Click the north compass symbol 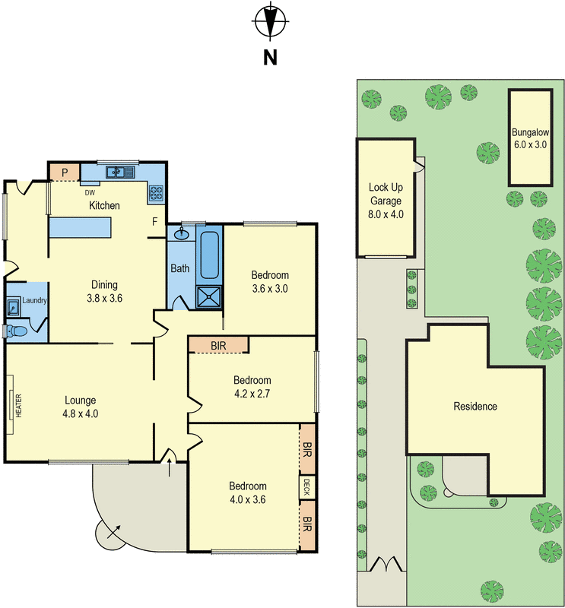[270, 21]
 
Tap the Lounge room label [80, 407]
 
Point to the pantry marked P [65, 173]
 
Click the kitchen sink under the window [118, 173]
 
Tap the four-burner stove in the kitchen [157, 193]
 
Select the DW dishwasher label [90, 192]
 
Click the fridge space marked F [154, 222]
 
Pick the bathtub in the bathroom [209, 255]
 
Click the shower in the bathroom [209, 296]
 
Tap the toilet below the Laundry [16, 331]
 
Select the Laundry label [34, 301]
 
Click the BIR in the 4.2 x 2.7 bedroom [218, 346]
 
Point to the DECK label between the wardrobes [306, 487]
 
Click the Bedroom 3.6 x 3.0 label [271, 281]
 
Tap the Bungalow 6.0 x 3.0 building [530, 138]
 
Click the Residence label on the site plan [475, 406]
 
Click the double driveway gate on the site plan [386, 564]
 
